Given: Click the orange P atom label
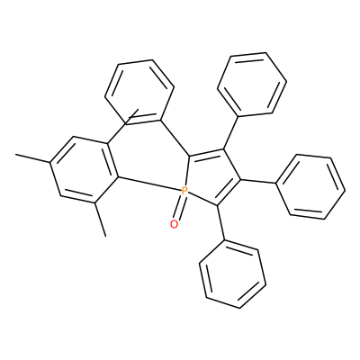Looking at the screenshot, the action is tap(184, 191).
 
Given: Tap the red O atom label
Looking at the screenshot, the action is tap(174, 224).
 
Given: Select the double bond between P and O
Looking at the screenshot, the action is tap(179, 208).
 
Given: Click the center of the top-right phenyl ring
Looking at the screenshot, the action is tap(252, 85).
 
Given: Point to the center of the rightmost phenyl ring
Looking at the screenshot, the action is tap(310, 186).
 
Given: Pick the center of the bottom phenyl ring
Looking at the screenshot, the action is tap(232, 274).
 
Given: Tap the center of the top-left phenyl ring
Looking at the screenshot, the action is tap(139, 92).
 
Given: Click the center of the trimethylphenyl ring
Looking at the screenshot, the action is tap(84, 170).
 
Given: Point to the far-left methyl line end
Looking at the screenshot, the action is tap(15, 155).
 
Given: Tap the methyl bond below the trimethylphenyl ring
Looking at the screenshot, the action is tap(101, 220).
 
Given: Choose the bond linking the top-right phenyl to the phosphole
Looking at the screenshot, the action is tap(230, 132).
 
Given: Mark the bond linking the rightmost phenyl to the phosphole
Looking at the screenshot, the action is tap(258, 181).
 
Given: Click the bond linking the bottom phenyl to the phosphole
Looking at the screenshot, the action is tap(221, 222).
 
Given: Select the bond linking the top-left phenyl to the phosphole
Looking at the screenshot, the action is tap(175, 139).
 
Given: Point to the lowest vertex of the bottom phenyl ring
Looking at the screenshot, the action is tap(239, 308).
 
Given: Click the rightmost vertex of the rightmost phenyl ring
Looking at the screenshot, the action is tap(346, 191).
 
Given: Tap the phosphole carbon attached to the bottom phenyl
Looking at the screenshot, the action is tap(217, 205).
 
